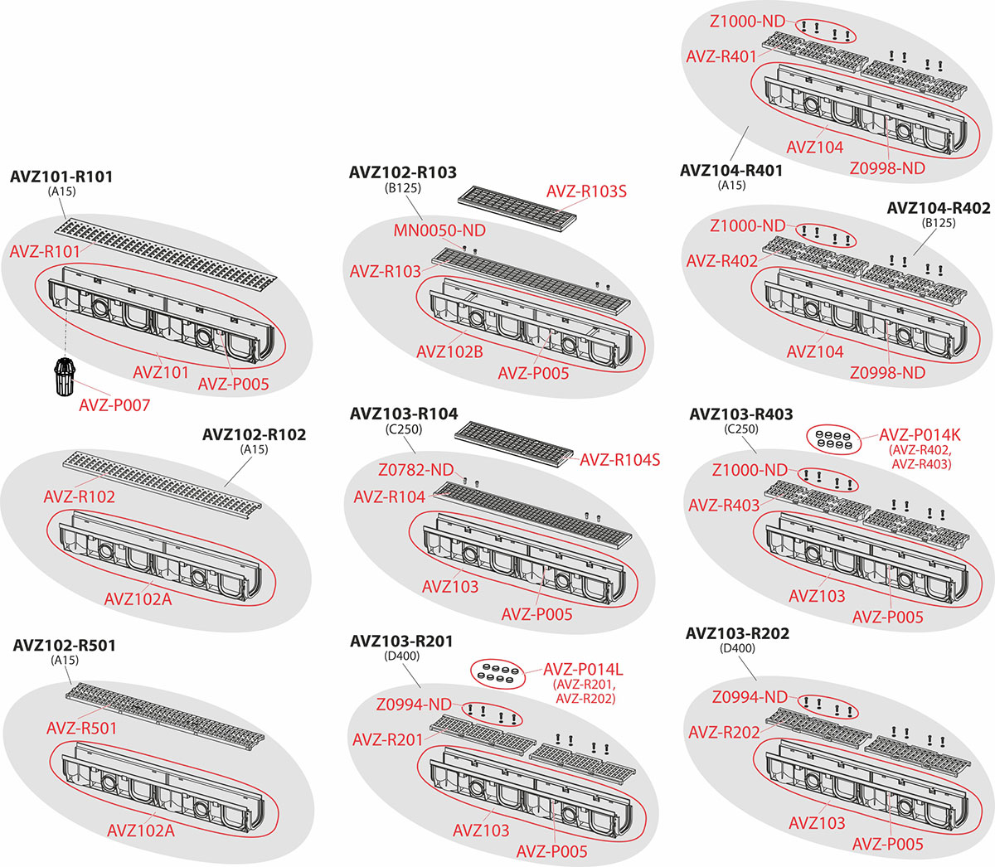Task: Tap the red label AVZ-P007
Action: point(114,405)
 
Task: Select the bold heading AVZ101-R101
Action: point(61,177)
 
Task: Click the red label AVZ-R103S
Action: point(586,191)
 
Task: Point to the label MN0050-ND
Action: point(439,230)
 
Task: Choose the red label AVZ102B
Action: point(449,351)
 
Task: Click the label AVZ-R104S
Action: point(619,459)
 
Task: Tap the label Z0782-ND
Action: point(416,470)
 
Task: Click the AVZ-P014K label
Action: point(920,435)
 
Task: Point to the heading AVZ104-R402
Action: point(938,208)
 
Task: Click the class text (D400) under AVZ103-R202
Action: point(738,648)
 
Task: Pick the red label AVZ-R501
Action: point(81,728)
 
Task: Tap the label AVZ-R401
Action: point(721,56)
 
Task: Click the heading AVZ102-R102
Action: point(254,434)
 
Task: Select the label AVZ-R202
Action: point(724,732)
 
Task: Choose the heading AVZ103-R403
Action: point(740,414)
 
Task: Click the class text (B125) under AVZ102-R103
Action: point(403,188)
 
